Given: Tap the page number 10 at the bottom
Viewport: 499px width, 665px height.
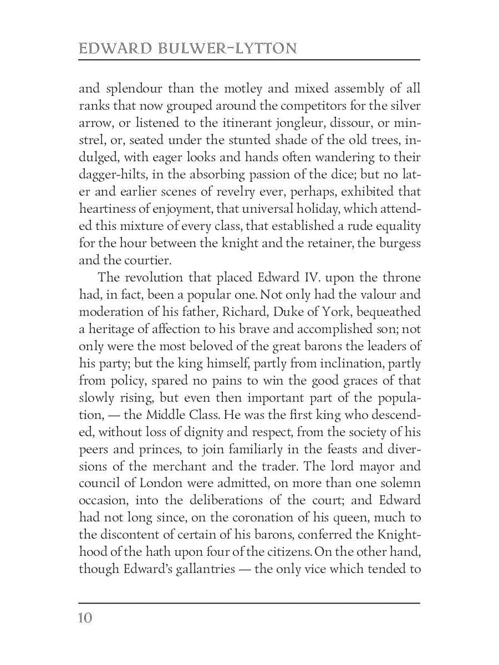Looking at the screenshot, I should tap(85, 618).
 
